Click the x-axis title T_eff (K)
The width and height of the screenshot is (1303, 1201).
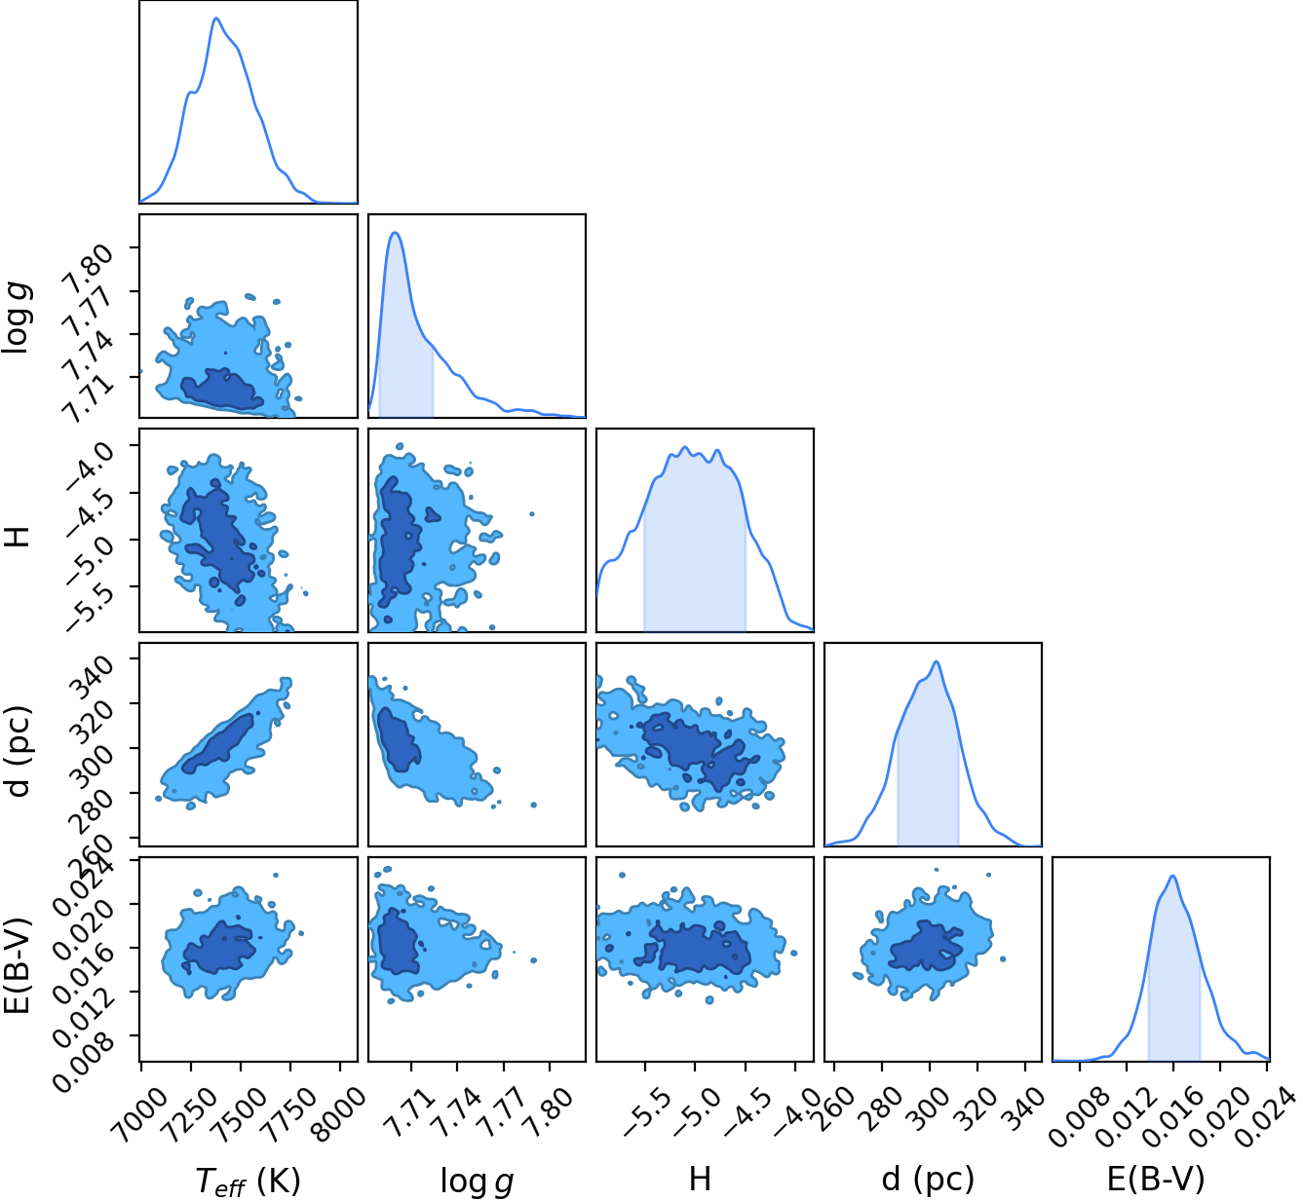click(248, 1182)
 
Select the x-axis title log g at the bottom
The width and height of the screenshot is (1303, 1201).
click(477, 1182)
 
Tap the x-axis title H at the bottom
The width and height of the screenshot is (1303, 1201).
click(700, 1179)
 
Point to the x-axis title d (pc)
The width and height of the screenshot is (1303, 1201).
click(928, 1180)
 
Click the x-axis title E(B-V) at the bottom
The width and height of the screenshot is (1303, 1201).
click(1156, 1180)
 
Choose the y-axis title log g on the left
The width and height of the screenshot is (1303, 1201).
click(17, 319)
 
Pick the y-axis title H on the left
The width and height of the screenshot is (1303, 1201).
click(17, 537)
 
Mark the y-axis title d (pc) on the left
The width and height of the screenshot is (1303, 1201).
click(17, 751)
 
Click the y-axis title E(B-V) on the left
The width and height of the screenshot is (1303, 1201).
click(17, 965)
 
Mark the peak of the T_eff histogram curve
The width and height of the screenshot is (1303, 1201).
click(215, 19)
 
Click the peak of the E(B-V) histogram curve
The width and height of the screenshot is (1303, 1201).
click(1171, 876)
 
